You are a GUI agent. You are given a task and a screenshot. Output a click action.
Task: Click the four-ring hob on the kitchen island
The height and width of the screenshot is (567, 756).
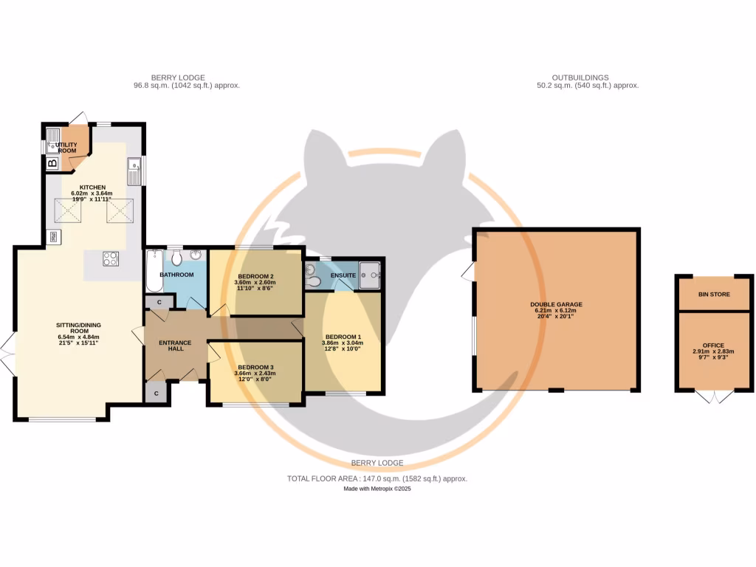point(110,259)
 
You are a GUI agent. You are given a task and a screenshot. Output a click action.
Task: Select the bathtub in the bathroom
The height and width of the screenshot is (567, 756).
point(154,271)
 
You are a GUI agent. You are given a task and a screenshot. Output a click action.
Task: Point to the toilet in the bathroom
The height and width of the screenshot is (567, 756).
point(176,258)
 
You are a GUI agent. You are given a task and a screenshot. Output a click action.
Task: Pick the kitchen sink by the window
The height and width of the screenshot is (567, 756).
point(134,172)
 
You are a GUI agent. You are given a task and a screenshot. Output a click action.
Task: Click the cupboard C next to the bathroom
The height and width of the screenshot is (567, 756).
point(159,301)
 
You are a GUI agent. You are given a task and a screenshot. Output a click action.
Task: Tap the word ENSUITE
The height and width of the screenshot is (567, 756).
point(343,276)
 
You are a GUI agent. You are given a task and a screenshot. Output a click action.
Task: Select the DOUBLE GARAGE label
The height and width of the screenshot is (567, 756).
point(557,304)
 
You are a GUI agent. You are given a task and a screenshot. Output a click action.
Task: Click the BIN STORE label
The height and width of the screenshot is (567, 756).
point(714,295)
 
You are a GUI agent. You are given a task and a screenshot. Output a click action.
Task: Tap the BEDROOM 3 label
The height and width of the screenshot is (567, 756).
point(255,367)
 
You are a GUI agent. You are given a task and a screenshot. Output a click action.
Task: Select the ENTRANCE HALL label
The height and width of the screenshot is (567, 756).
point(176,346)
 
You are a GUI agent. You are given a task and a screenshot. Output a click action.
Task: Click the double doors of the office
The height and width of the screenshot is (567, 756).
point(714,396)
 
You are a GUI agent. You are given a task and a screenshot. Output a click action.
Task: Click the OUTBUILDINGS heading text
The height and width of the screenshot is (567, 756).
point(580,78)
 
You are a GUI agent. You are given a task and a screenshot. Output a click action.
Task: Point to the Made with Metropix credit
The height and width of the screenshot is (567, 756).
point(377,489)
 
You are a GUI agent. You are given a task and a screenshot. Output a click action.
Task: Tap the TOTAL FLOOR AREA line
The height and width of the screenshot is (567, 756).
point(377,478)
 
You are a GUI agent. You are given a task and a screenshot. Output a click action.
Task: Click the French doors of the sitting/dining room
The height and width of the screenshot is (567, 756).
point(7,356)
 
